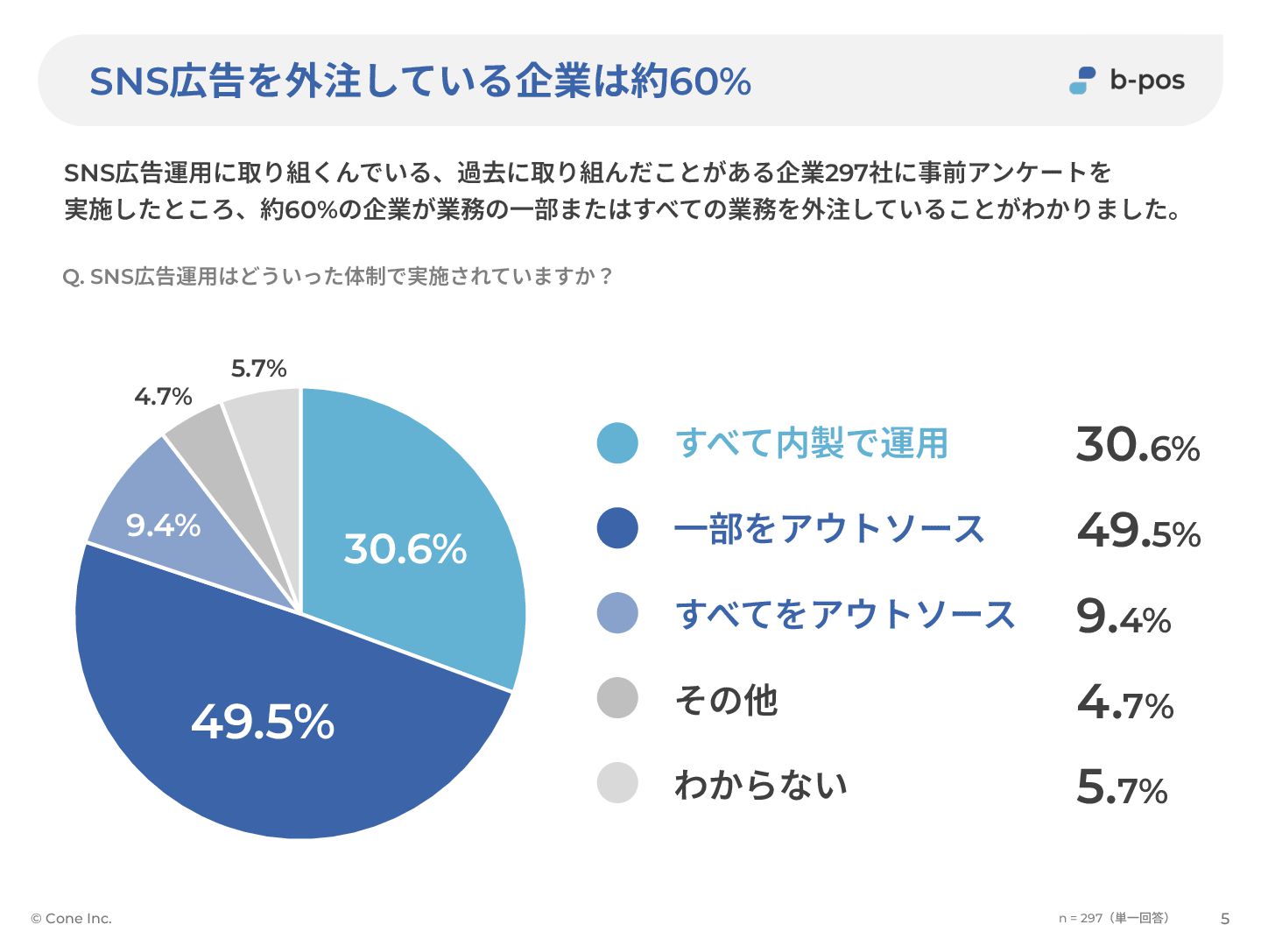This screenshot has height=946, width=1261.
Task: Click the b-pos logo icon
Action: pyautogui.click(x=1082, y=81)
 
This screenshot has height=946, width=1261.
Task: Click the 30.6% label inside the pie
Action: pyautogui.click(x=405, y=549)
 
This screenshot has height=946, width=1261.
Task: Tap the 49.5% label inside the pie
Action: pyautogui.click(x=263, y=723)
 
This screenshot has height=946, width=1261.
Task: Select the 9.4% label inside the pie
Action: pyautogui.click(x=163, y=526)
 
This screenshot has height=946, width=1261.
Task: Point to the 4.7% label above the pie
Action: pyautogui.click(x=163, y=397)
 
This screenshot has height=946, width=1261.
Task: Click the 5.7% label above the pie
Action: pyautogui.click(x=259, y=369)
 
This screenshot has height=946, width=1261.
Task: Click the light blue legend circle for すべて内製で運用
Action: pyautogui.click(x=617, y=443)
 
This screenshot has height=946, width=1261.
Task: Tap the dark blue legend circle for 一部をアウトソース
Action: pyautogui.click(x=617, y=528)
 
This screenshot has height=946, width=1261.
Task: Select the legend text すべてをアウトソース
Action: pyautogui.click(x=845, y=614)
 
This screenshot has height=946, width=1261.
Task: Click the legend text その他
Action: pyautogui.click(x=726, y=700)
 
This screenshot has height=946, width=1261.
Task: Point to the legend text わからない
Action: pyautogui.click(x=761, y=785)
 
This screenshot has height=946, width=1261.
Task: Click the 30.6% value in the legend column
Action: pyautogui.click(x=1138, y=445)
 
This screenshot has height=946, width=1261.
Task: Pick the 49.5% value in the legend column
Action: pyautogui.click(x=1138, y=531)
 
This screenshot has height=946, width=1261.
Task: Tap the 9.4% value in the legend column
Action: pyautogui.click(x=1124, y=617)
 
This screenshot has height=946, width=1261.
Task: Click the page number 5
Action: pyautogui.click(x=1225, y=919)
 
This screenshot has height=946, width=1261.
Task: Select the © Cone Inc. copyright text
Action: pyautogui.click(x=72, y=919)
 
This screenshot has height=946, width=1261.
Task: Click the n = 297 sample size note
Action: pyautogui.click(x=1113, y=918)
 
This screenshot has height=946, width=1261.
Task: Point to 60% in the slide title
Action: pyautogui.click(x=709, y=81)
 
